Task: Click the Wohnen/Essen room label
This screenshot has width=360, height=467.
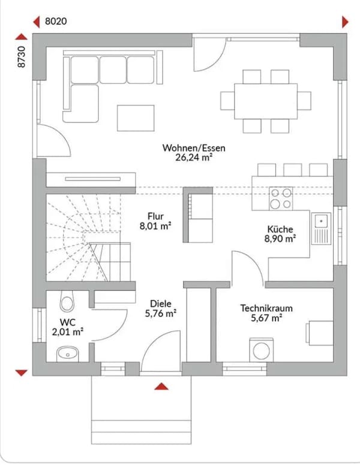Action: click(194, 148)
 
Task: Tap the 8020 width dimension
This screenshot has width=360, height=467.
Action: click(56, 21)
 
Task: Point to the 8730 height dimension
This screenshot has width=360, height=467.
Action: click(22, 56)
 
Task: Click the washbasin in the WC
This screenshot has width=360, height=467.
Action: click(67, 354)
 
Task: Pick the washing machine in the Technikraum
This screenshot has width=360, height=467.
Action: click(261, 350)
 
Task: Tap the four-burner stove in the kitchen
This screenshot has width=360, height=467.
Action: click(281, 198)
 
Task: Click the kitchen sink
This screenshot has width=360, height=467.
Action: click(321, 229)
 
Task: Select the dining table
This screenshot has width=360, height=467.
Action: click(266, 101)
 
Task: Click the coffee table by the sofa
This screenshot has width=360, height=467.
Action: click(136, 118)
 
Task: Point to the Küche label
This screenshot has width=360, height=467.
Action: click(280, 229)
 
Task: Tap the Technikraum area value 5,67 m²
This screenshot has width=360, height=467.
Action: click(266, 318)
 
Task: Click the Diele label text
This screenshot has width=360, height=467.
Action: click(160, 304)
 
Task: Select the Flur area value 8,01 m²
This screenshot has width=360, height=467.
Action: click(155, 226)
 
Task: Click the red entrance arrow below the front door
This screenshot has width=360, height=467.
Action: click(161, 387)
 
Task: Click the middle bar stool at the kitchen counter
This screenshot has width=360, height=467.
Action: click(292, 169)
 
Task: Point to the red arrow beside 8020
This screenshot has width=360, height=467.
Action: click(37, 22)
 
